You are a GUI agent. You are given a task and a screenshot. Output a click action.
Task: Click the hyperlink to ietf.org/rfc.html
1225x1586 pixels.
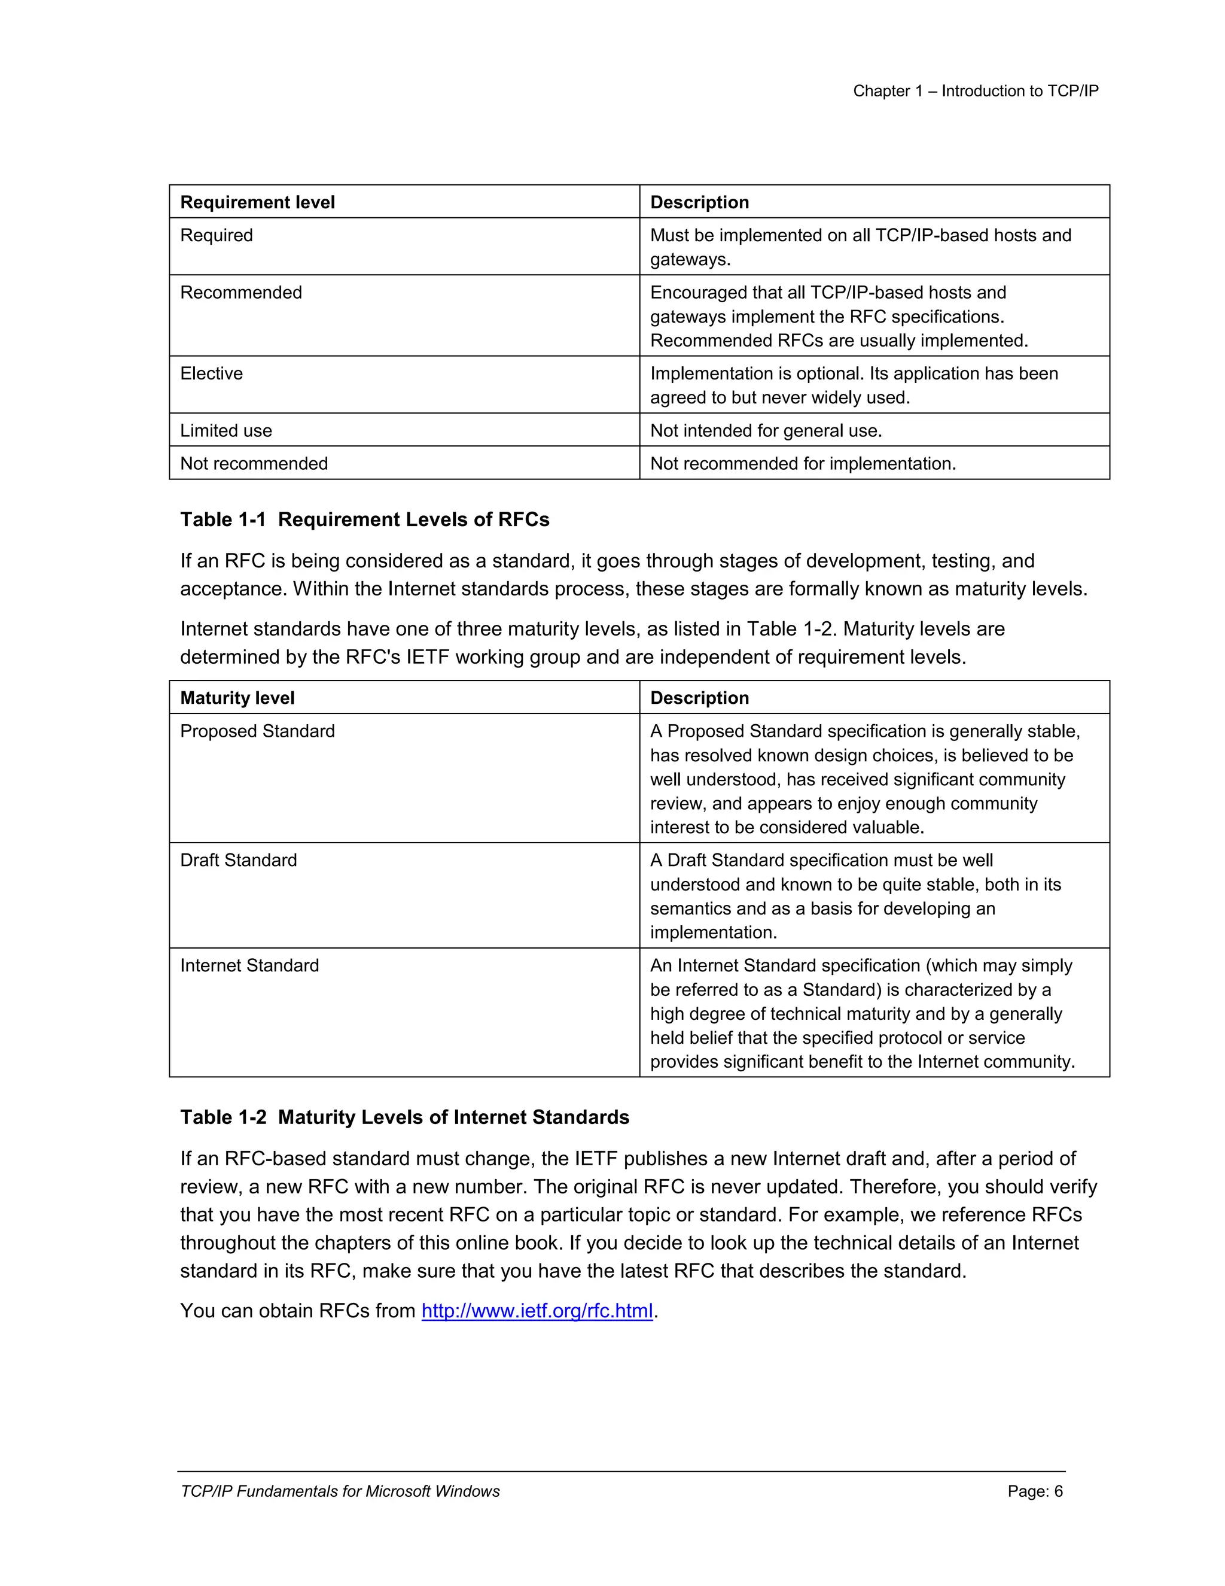pyautogui.click(x=537, y=1311)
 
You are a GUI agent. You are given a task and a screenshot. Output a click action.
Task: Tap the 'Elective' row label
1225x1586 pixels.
pyautogui.click(x=211, y=374)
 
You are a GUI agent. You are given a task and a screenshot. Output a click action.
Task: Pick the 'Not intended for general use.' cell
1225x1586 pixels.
pyautogui.click(x=766, y=431)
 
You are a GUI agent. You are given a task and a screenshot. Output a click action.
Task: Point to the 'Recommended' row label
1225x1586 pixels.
pyautogui.click(x=241, y=293)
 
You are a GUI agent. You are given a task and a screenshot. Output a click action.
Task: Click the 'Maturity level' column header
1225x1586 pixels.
pyautogui.click(x=237, y=698)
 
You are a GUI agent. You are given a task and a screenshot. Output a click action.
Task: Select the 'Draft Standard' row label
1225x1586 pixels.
pyautogui.click(x=238, y=861)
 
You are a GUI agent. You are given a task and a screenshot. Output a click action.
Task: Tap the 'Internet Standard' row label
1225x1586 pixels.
pyautogui.click(x=249, y=966)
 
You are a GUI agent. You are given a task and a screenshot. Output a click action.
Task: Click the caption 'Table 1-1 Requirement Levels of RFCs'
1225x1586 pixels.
pyautogui.click(x=364, y=520)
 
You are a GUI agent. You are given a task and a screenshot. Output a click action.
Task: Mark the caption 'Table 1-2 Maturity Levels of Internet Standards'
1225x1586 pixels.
pyautogui.click(x=404, y=1117)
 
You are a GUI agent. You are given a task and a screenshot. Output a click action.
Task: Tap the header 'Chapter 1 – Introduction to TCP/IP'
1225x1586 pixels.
pyautogui.click(x=976, y=92)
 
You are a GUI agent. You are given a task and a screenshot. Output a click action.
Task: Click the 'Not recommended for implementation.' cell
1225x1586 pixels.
pyautogui.click(x=803, y=463)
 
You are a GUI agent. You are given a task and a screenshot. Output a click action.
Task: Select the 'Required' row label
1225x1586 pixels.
pyautogui.click(x=217, y=236)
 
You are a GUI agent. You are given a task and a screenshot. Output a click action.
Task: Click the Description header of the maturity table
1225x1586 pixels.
pyautogui.click(x=699, y=698)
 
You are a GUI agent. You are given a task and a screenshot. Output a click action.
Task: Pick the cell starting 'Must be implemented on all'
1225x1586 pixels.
pyautogui.click(x=860, y=247)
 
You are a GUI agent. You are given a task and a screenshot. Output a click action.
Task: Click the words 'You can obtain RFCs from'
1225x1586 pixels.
pyautogui.click(x=297, y=1311)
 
